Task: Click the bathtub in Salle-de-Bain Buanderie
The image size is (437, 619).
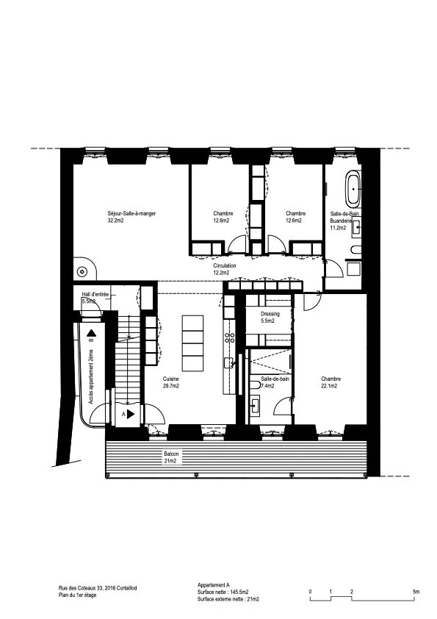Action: (x=353, y=189)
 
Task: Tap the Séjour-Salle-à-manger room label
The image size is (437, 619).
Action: (x=131, y=217)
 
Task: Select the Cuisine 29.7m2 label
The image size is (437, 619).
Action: (x=171, y=382)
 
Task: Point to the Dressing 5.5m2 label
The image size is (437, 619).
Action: (x=270, y=318)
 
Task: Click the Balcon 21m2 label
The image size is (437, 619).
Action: (x=172, y=457)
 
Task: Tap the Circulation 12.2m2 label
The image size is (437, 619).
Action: (x=225, y=269)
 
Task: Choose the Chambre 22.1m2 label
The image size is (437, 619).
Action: (x=331, y=382)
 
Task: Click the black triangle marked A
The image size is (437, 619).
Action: (x=131, y=414)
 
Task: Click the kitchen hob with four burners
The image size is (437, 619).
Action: (x=230, y=337)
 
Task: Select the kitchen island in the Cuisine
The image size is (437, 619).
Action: (x=193, y=343)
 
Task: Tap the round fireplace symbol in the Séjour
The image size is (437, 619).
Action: (x=82, y=271)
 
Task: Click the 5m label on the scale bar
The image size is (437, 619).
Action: (x=416, y=592)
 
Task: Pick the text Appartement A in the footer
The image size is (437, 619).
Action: (x=214, y=585)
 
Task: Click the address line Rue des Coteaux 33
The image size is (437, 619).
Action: (x=98, y=588)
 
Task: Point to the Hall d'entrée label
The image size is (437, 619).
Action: (x=95, y=294)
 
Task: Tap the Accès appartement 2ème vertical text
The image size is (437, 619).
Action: (x=91, y=376)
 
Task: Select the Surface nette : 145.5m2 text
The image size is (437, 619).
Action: (x=223, y=592)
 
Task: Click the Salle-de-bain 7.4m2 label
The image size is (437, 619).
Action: (x=275, y=382)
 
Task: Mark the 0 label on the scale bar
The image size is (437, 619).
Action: (x=311, y=592)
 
